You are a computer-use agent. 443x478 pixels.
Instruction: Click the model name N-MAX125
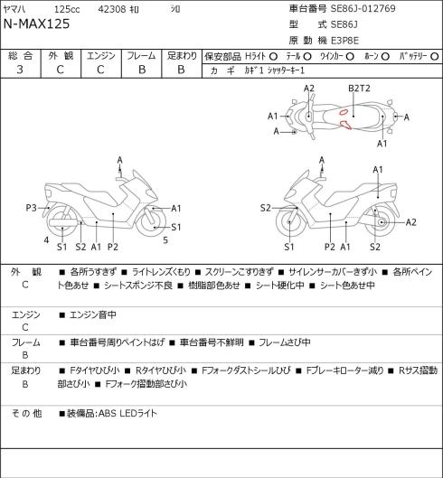tap(36, 23)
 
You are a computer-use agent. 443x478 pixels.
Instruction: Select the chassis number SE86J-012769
tap(363, 8)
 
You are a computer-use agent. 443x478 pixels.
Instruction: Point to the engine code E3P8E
tap(344, 41)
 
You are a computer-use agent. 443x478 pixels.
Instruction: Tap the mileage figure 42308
tap(112, 9)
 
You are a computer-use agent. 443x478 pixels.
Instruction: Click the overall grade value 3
tap(20, 70)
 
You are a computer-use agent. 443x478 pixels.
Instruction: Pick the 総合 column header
tap(20, 56)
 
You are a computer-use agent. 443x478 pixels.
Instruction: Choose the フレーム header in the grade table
tap(141, 56)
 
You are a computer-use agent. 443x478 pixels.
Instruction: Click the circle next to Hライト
tap(273, 56)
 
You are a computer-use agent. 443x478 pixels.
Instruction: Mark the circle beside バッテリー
tap(435, 56)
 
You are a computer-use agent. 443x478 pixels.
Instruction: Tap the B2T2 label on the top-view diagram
tap(359, 89)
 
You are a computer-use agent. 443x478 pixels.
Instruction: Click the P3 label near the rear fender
tap(31, 208)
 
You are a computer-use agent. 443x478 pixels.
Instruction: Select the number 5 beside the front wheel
tap(165, 240)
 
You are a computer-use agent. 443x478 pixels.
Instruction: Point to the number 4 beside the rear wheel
tap(46, 240)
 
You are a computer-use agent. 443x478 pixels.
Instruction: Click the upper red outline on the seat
tap(344, 112)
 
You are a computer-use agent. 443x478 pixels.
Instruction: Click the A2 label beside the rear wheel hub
tap(411, 222)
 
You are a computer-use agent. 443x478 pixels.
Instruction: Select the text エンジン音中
tap(93, 314)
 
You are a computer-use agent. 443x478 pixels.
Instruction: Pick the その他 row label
tap(26, 413)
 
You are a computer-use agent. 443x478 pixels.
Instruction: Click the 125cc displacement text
tap(67, 9)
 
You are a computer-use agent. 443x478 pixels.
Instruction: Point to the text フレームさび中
tap(285, 342)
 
